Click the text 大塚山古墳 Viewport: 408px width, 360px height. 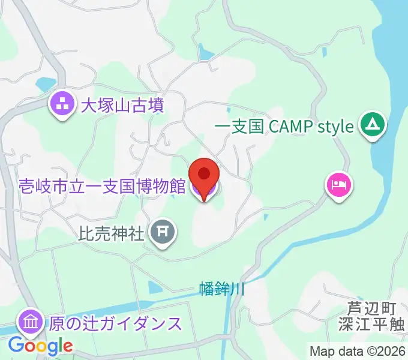[122, 106]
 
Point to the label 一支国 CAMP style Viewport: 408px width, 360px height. [284, 127]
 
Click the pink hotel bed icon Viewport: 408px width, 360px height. [338, 183]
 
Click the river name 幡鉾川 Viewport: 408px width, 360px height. [223, 289]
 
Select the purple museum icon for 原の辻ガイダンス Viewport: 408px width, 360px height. [29, 323]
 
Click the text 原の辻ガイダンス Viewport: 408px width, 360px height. [115, 324]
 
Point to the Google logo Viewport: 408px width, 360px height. [41, 346]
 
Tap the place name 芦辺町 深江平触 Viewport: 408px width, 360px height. [372, 316]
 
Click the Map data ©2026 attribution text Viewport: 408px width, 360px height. [358, 351]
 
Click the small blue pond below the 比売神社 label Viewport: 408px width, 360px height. [155, 288]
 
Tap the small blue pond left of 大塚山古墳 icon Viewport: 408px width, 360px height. [45, 84]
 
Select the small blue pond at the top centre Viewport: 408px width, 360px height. [206, 54]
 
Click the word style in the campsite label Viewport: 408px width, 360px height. [334, 127]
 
